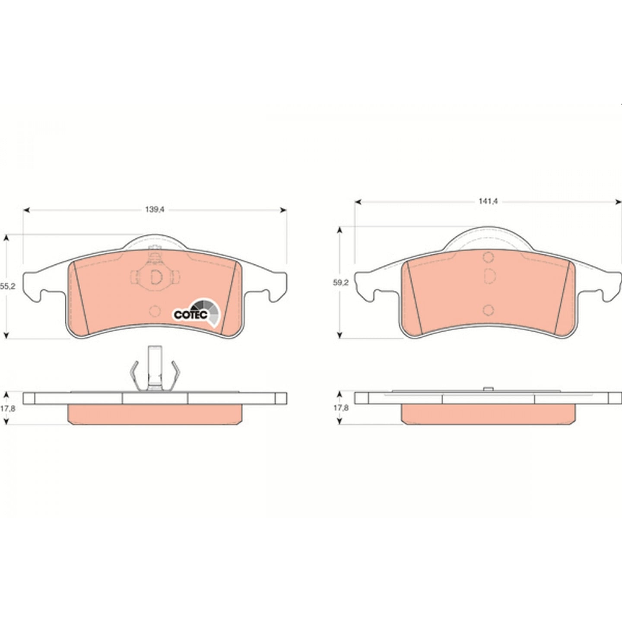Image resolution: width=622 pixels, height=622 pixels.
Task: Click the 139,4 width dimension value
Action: pyautogui.click(x=155, y=209)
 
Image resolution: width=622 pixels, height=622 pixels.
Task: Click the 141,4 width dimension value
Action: pyautogui.click(x=488, y=201)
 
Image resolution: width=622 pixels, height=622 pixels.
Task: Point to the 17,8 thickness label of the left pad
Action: pyautogui.click(x=8, y=408)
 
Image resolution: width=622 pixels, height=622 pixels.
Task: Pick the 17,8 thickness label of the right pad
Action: pyautogui.click(x=341, y=408)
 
